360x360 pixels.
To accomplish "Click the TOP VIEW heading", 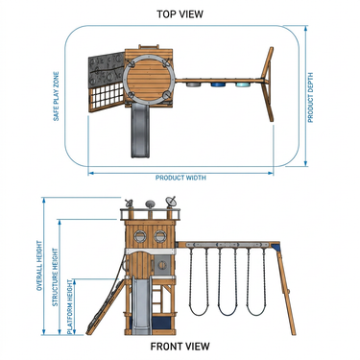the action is click(x=180, y=14).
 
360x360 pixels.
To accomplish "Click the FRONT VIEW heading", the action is click(x=180, y=347).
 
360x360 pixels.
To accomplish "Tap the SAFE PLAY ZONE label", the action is click(x=57, y=96).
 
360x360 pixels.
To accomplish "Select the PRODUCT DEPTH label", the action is click(x=310, y=98).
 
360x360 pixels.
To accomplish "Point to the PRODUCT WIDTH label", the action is click(x=180, y=178).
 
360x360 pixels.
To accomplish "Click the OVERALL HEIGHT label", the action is click(x=39, y=266).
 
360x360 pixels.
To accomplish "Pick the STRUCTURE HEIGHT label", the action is click(x=55, y=277).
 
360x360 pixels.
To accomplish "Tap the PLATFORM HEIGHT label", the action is click(x=70, y=306).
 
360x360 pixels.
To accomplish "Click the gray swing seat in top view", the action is click(x=192, y=84).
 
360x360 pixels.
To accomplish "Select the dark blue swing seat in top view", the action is click(x=218, y=84).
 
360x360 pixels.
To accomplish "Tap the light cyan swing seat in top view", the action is click(x=243, y=84).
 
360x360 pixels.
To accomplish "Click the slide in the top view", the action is click(x=140, y=132).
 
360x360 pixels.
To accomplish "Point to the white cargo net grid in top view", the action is click(x=108, y=98).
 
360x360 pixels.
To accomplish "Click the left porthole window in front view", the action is click(x=140, y=236).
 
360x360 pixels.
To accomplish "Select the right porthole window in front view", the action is click(x=160, y=236).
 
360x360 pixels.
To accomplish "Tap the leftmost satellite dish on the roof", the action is click(x=129, y=204).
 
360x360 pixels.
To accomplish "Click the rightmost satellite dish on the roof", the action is click(x=171, y=202).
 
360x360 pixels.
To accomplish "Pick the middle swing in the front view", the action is click(x=228, y=281).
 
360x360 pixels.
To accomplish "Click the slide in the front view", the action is click(x=141, y=305).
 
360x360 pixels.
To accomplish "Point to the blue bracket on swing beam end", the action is click(x=276, y=247).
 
